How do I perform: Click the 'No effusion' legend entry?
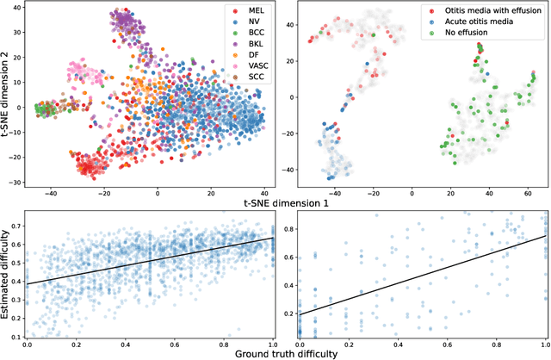coord(458,39)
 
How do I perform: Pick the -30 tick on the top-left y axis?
coord(17,183)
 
